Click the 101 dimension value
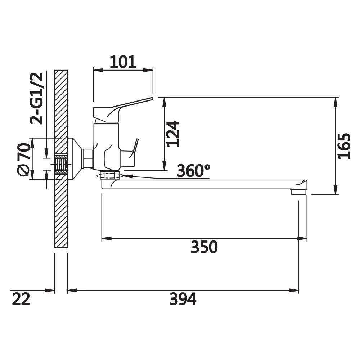tap(123, 62)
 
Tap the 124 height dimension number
tap(173, 134)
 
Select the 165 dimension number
tap(344, 146)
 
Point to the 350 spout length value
tap(204, 247)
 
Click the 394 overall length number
tap(183, 299)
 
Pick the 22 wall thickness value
tap(21, 299)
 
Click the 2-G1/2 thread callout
tap(36, 99)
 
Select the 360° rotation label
tap(194, 171)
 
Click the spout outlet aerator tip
tap(299, 192)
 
